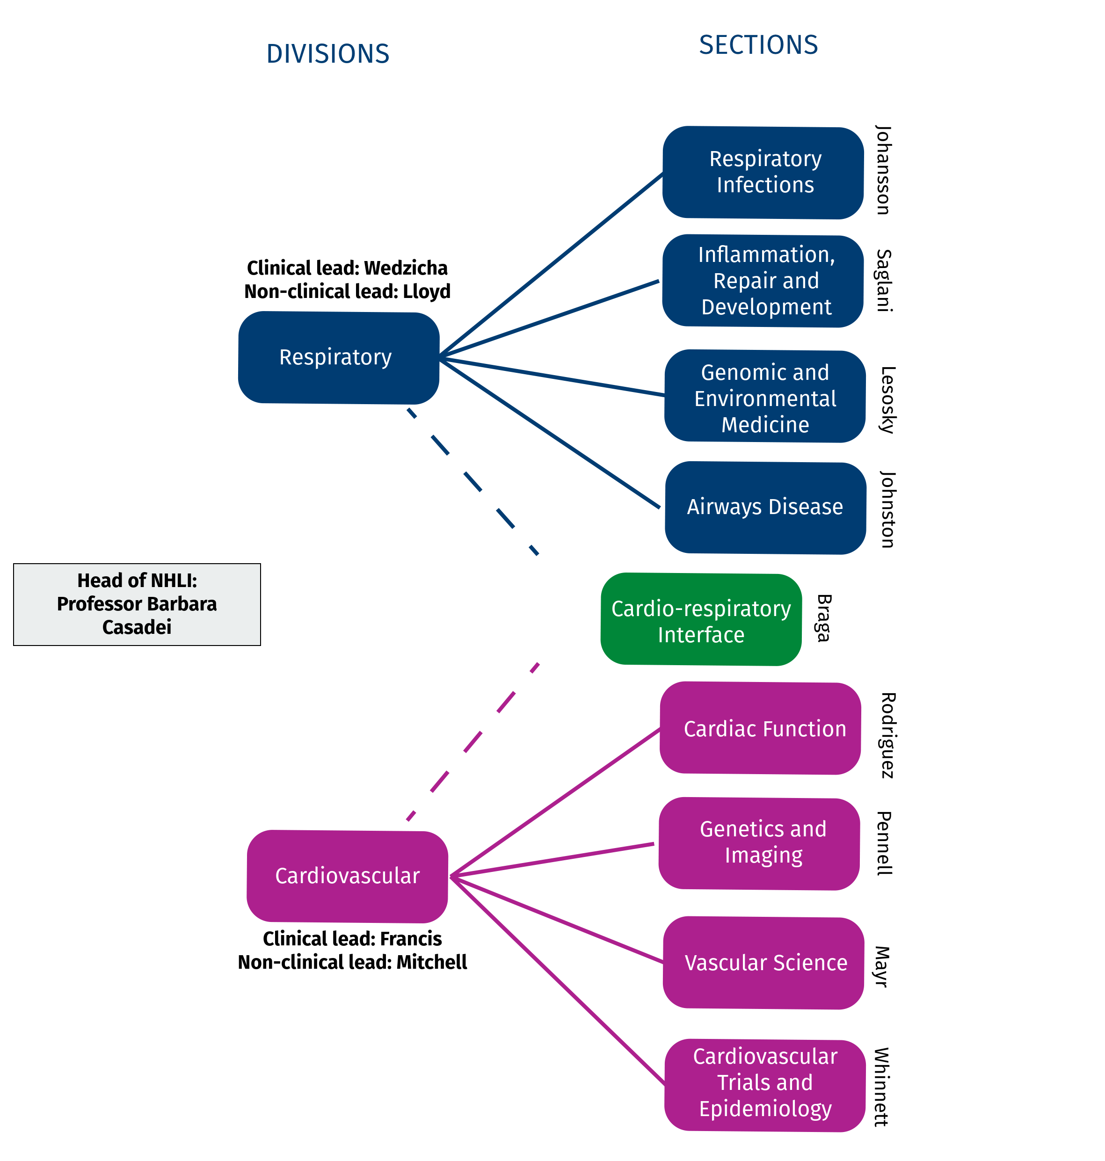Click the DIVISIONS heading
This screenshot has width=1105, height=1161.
[x=327, y=54]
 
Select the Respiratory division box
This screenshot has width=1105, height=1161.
[x=338, y=357]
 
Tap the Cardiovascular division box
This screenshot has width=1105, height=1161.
[x=347, y=876]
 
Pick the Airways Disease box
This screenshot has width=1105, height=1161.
[x=765, y=507]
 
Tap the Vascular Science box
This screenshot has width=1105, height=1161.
[x=763, y=963]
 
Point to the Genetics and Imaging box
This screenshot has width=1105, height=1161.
[x=759, y=843]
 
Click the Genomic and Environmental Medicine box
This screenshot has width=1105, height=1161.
[x=764, y=396]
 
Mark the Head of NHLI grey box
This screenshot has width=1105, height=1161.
[x=137, y=604]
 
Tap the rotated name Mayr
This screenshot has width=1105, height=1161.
[x=881, y=966]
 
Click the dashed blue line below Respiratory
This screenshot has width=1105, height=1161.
[x=473, y=481]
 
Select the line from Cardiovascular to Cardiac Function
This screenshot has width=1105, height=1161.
[x=554, y=803]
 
